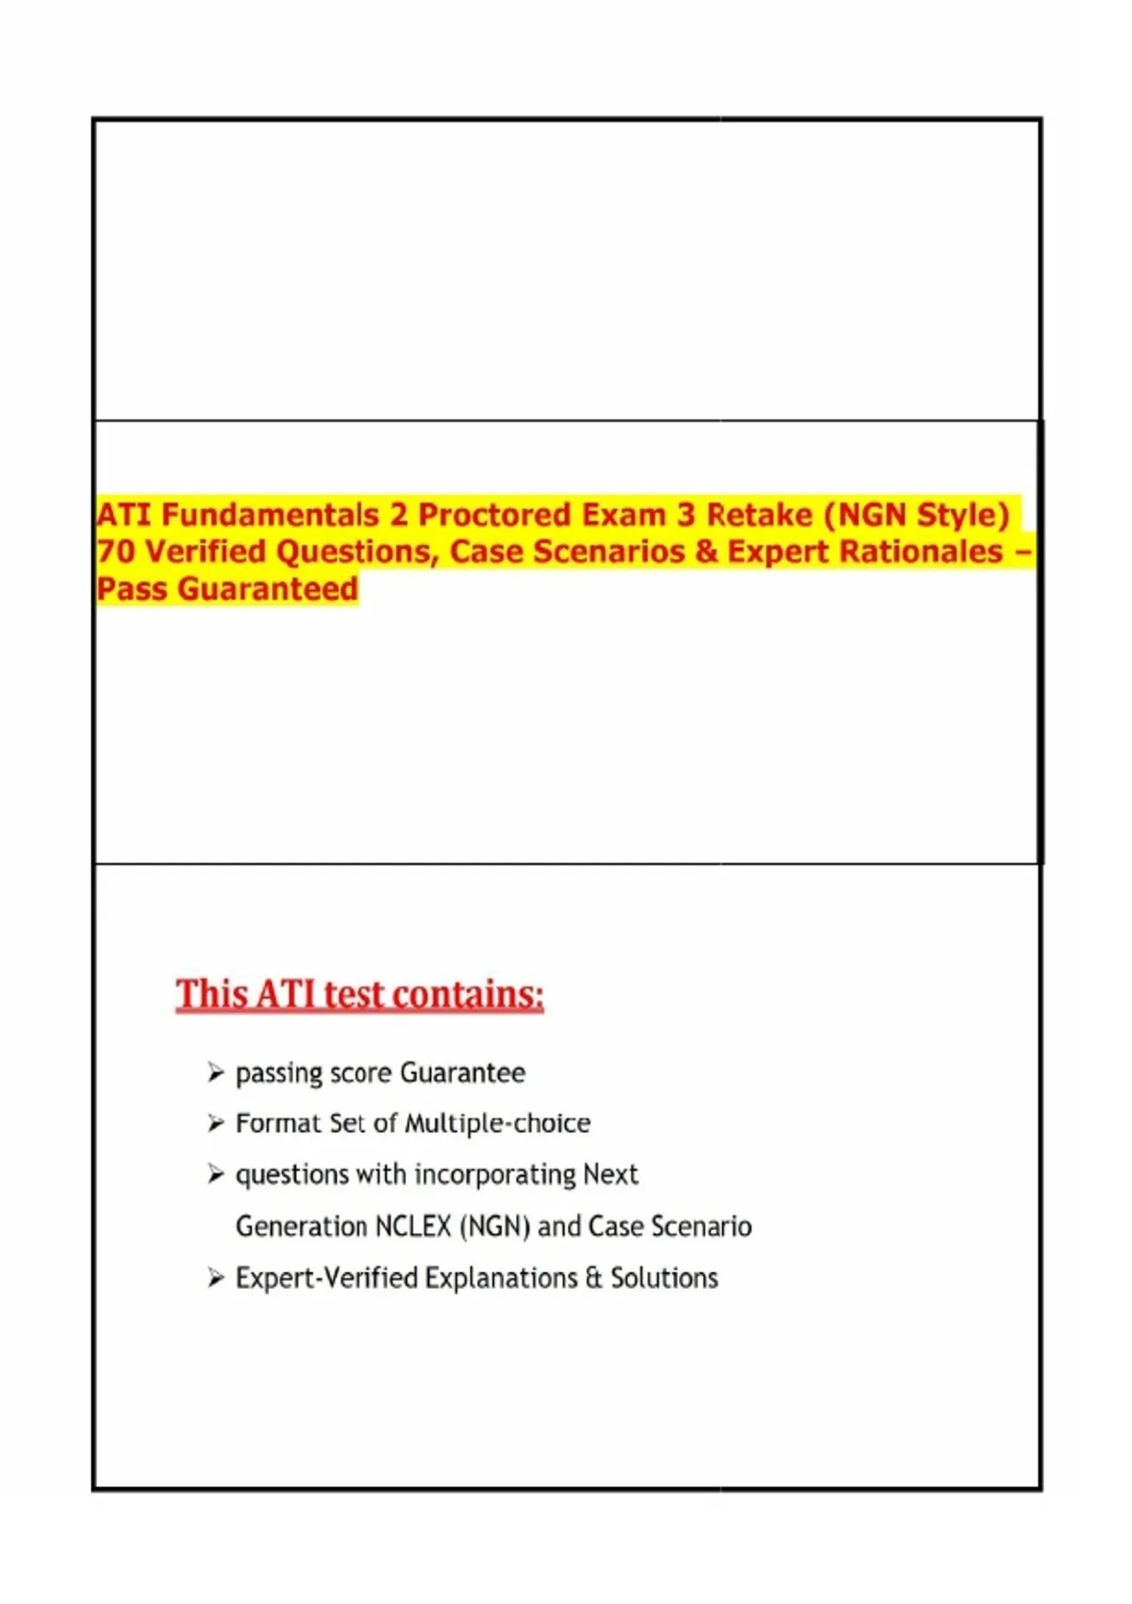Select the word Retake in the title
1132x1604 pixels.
point(759,515)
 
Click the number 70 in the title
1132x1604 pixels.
point(115,552)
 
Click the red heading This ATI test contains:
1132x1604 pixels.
point(359,994)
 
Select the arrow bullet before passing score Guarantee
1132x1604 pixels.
point(216,1073)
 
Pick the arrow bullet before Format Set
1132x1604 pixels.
point(216,1124)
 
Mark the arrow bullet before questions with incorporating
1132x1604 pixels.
point(216,1175)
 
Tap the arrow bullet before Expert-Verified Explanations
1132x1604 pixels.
point(216,1278)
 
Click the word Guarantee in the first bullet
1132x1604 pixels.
point(462,1074)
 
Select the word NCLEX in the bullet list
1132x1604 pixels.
point(412,1227)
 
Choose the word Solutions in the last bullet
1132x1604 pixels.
point(664,1278)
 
